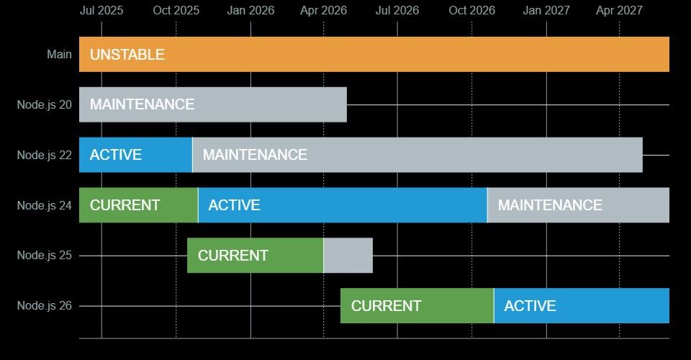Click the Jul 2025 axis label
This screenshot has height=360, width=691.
point(101,11)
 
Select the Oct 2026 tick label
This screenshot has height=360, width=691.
point(472,11)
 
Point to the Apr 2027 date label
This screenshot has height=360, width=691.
point(619,11)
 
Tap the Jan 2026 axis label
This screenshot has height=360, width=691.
point(250,11)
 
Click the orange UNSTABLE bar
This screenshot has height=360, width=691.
point(374,54)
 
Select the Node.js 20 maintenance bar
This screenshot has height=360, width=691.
point(213,104)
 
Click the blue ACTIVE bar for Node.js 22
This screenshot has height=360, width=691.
point(136,155)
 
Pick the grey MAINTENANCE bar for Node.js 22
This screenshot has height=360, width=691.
point(417,155)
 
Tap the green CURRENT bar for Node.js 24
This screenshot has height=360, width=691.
point(138,205)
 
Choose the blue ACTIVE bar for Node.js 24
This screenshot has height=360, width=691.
point(343,205)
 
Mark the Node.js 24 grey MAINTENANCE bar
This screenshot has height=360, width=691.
point(579,205)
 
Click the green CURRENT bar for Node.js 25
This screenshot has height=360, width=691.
point(255,255)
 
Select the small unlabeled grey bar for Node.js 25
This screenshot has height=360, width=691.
point(348,255)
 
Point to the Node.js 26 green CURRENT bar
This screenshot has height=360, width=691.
point(417,305)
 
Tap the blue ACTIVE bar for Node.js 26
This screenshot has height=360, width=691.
point(582,305)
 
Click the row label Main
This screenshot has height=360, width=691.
point(60,54)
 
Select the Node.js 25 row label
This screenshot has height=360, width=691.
point(45,255)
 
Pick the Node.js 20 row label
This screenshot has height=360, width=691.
point(45,104)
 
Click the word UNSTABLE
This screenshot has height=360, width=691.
point(127,54)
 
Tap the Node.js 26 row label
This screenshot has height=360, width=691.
point(45,305)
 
